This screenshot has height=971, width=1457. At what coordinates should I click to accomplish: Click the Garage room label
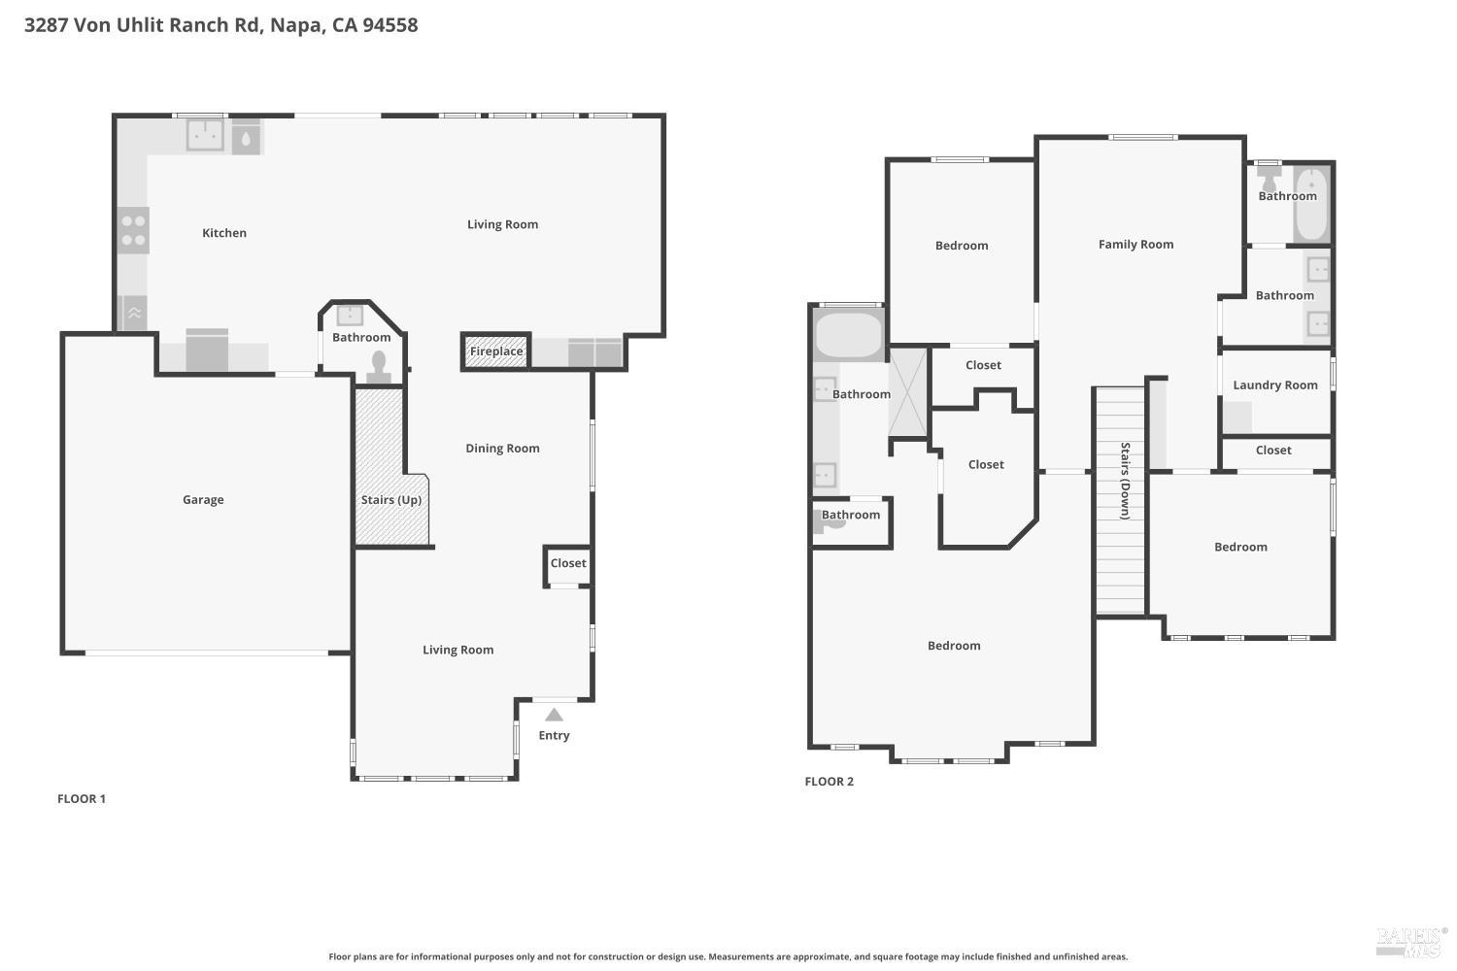pos(203,500)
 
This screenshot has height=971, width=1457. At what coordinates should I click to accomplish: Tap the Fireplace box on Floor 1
pos(496,352)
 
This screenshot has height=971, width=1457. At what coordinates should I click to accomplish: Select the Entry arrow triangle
pos(554,715)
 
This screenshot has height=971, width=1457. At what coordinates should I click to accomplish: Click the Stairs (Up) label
pos(390,500)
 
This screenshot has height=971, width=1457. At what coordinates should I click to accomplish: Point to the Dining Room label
pos(502,449)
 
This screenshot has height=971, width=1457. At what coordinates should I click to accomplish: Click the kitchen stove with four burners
pos(133,231)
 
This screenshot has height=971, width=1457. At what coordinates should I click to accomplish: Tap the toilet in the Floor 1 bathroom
pos(379,366)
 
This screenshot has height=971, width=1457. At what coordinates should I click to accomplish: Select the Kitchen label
pos(224,233)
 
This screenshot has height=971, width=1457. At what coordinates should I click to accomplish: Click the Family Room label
pos(1135,245)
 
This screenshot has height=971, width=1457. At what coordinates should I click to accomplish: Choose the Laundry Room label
pos(1274,385)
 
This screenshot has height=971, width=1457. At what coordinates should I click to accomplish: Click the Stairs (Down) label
pos(1125,481)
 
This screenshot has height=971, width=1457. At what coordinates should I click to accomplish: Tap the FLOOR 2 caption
pos(829,782)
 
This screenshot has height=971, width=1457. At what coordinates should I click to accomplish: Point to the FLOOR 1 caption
pos(82,799)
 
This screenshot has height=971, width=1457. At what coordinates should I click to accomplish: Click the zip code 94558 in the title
pos(390,25)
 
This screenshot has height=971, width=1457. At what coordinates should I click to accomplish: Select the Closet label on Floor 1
pos(568,563)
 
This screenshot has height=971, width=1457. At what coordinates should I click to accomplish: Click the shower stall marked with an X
pos(908,392)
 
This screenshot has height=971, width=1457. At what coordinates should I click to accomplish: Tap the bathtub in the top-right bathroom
pos(1311,205)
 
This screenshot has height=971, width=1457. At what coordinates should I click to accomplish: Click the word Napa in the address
pos(296,25)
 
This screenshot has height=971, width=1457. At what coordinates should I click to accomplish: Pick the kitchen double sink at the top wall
pos(205,135)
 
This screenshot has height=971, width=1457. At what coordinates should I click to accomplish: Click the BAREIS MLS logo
pos(1410,940)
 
